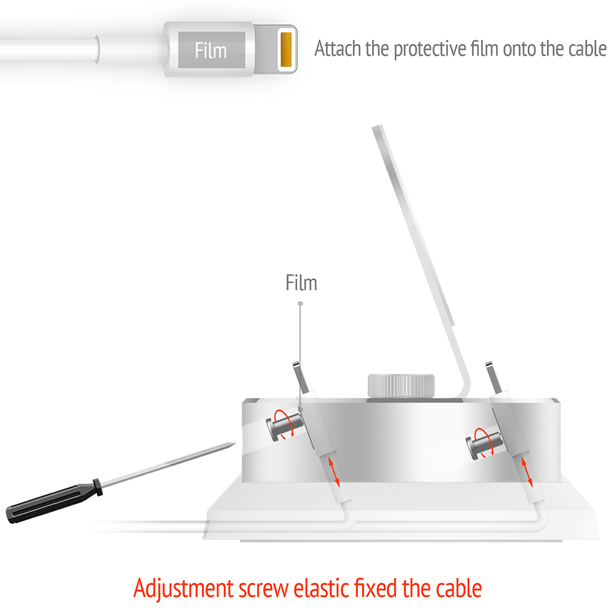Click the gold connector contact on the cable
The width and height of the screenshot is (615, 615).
(x=286, y=49)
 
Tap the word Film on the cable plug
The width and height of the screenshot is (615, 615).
(x=210, y=50)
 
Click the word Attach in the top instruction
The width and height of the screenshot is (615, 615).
(x=338, y=49)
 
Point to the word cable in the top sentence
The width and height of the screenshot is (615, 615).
(x=587, y=49)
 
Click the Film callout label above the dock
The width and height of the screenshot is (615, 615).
(x=301, y=283)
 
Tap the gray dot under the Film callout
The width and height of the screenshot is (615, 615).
(x=300, y=304)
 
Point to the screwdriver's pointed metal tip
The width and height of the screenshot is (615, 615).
(x=234, y=444)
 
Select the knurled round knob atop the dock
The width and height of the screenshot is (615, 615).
(x=401, y=386)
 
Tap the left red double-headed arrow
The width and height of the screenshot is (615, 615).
(x=334, y=472)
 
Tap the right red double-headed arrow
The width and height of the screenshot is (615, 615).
(x=527, y=472)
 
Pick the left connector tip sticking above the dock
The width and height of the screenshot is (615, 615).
(x=300, y=377)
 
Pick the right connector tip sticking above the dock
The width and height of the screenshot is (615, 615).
(x=493, y=377)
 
